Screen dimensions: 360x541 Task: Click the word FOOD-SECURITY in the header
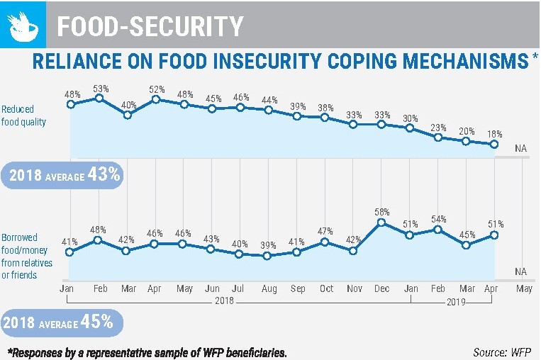tap(150, 26)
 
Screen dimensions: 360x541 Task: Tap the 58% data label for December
tap(382, 212)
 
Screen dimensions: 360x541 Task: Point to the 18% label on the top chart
tap(494, 133)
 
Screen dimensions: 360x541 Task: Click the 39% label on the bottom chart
tap(268, 244)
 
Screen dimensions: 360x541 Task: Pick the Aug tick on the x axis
tap(268, 288)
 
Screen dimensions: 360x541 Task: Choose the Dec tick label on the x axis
tap(381, 288)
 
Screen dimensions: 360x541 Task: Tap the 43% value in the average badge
tap(104, 174)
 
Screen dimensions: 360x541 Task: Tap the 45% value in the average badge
tap(97, 321)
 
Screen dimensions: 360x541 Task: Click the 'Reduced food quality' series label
tap(23, 116)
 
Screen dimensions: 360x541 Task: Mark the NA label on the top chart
tap(521, 148)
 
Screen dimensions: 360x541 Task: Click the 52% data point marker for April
tap(156, 99)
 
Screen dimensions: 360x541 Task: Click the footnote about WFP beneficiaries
tap(147, 351)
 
